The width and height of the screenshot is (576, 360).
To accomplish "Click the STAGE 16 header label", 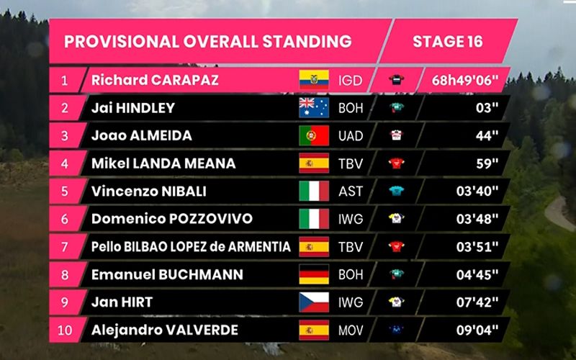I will [447, 41].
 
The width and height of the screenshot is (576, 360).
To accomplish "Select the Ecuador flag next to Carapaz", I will [314, 79].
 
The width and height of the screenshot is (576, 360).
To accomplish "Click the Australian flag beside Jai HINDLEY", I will [314, 107].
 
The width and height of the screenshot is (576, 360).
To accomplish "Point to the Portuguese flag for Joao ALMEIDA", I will [314, 135].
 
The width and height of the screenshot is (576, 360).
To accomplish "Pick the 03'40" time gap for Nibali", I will [476, 192].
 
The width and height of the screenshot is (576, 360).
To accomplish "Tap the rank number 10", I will [64, 330].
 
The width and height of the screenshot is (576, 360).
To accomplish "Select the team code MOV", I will [352, 330].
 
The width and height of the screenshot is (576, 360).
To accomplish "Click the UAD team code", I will [351, 135].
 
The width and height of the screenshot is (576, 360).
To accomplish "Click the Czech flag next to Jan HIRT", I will [314, 302].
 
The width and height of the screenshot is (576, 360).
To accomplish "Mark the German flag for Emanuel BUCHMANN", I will [314, 275].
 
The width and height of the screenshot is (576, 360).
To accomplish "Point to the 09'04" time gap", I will [476, 330].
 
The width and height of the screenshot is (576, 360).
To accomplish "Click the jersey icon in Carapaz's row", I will [395, 79].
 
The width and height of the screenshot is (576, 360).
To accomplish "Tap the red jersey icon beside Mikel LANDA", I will [395, 163].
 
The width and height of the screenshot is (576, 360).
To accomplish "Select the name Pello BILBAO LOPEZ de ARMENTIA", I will [191, 247].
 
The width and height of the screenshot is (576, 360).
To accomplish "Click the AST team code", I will [351, 192].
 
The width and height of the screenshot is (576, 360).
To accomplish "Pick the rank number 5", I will [64, 192].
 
